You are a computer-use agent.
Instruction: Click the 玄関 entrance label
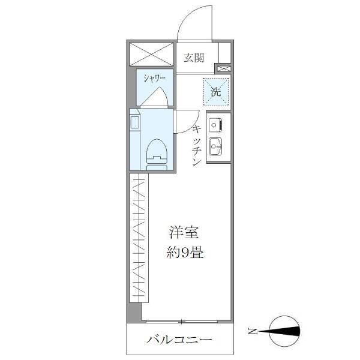(194, 58)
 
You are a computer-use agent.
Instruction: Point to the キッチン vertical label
(196, 146)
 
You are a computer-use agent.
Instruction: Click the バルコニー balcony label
(179, 340)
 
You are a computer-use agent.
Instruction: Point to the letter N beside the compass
(253, 331)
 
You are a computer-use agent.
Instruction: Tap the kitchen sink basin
(215, 145)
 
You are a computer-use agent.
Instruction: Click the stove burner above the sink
(215, 124)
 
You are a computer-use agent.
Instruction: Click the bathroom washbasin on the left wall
(134, 122)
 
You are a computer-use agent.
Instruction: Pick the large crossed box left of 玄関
(151, 55)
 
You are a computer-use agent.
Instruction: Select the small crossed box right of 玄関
(223, 68)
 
